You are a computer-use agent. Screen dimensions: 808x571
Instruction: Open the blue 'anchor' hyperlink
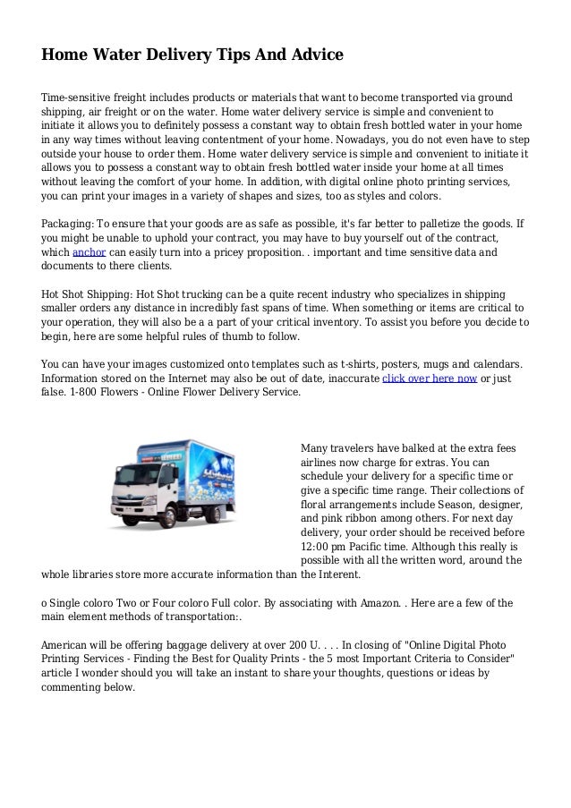pos(89,252)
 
